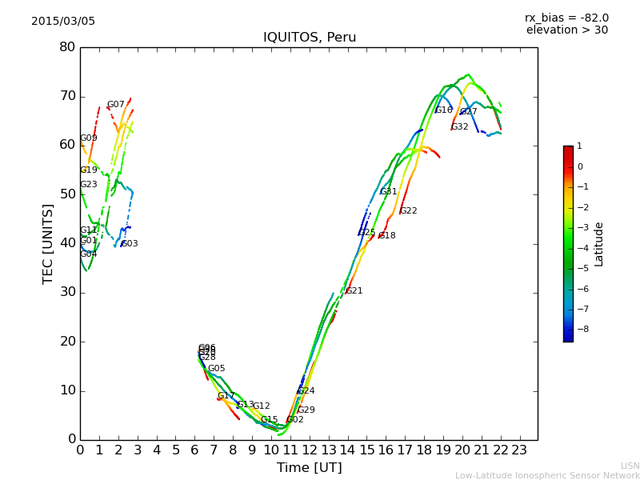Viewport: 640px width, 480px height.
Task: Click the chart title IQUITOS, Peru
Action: [310, 38]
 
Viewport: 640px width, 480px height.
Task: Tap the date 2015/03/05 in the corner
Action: [63, 21]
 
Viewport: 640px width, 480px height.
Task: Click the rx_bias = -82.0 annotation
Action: [566, 18]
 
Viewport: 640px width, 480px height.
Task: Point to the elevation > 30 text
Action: [566, 30]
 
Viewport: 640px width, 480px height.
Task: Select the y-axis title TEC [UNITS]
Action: [48, 243]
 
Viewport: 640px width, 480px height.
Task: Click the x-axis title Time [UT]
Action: [309, 468]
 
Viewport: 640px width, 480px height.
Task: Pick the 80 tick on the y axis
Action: [67, 47]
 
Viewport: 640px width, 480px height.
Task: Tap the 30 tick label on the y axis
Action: [67, 292]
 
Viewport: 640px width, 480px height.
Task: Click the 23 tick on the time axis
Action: [519, 450]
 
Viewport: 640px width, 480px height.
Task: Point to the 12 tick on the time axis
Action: [309, 450]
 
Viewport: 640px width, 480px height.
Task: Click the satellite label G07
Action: [115, 105]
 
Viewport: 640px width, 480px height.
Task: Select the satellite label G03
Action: [130, 244]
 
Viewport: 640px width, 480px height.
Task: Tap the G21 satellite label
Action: [354, 291]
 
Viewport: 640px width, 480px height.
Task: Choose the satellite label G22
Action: [409, 211]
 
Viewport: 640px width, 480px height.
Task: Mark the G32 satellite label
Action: [460, 127]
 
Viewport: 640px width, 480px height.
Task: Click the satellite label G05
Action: [216, 369]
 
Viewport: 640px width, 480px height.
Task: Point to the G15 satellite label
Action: [269, 420]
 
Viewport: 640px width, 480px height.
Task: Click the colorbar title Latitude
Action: [599, 244]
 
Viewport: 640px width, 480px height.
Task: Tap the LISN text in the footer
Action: [630, 466]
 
